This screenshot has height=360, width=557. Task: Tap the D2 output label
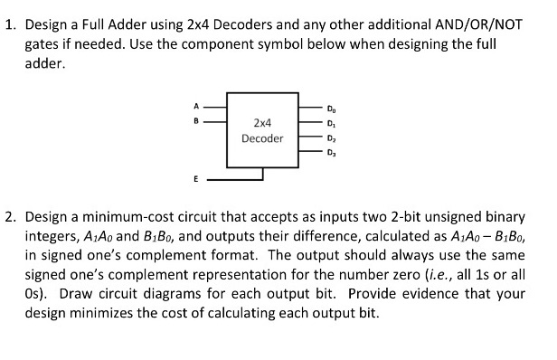pyautogui.click(x=329, y=139)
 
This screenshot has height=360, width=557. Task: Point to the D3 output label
pyautogui.click(x=329, y=153)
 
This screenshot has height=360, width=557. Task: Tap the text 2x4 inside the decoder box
pyautogui.click(x=262, y=121)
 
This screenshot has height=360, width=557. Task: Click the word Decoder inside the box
pyautogui.click(x=262, y=138)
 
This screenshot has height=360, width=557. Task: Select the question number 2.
pyautogui.click(x=9, y=218)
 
